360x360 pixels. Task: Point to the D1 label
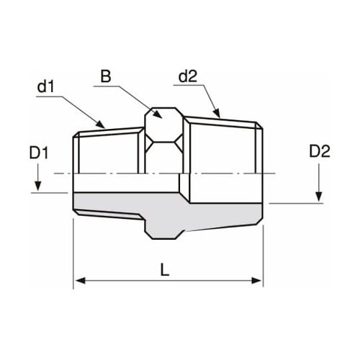[38, 153]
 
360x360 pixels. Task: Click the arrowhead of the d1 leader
[106, 126]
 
